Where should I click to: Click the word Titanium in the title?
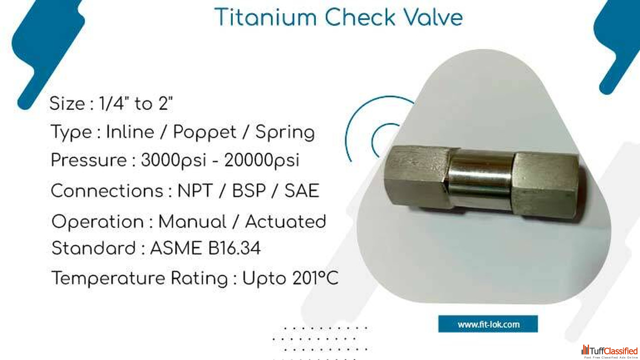(265, 17)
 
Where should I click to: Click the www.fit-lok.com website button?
(488, 324)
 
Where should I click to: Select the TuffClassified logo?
(609, 351)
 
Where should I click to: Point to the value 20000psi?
(261, 160)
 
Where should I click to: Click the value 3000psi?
(173, 160)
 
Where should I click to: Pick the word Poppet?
(204, 133)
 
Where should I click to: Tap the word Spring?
(285, 133)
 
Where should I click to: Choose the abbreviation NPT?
(195, 191)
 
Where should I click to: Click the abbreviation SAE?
(301, 191)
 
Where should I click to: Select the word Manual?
(192, 221)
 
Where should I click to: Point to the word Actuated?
(285, 221)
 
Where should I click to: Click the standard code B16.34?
(234, 248)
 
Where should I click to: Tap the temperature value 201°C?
(315, 278)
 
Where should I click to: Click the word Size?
(67, 103)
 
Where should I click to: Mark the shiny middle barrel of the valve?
(481, 178)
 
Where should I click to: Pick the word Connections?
(107, 191)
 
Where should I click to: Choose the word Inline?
(130, 132)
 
